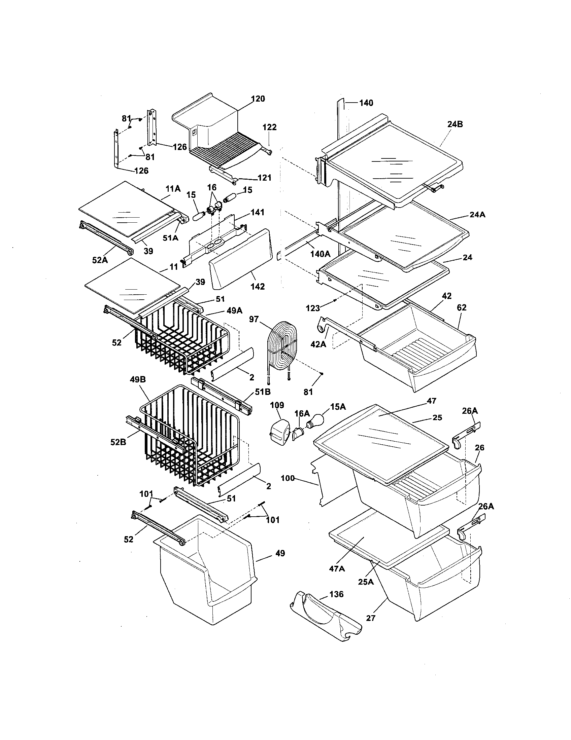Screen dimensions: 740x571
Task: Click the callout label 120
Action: click(x=258, y=99)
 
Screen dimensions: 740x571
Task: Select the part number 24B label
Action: click(x=455, y=124)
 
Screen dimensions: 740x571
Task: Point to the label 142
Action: click(x=257, y=286)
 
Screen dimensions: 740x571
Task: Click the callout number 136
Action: click(x=336, y=594)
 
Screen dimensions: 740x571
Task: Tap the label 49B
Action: click(x=138, y=379)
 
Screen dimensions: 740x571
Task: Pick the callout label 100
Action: click(x=288, y=478)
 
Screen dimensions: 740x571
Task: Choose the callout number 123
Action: click(x=312, y=308)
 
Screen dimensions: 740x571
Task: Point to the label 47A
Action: click(x=337, y=568)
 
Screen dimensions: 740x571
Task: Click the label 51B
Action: click(x=263, y=392)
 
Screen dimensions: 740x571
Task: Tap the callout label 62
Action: click(x=462, y=307)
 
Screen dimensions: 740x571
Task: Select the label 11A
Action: click(x=173, y=189)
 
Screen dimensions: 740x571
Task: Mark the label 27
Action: click(x=371, y=618)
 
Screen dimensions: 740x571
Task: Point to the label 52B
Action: click(x=118, y=442)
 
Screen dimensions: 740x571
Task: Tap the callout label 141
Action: click(x=257, y=213)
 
